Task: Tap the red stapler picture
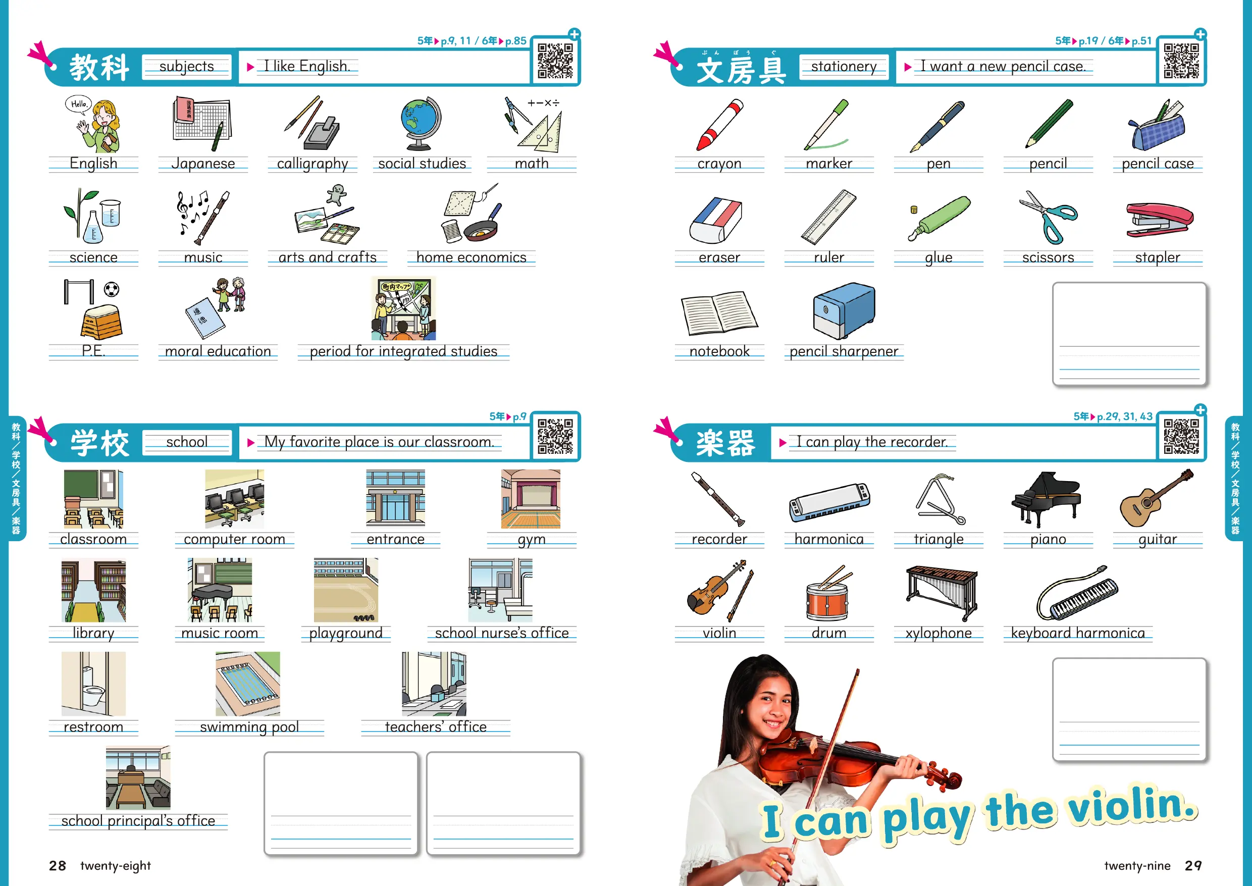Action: coord(1159,220)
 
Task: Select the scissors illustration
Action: coord(1048,217)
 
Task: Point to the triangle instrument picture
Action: coord(940,500)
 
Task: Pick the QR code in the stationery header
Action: coord(1181,61)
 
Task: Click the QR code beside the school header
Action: coord(555,437)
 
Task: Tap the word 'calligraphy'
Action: coord(312,164)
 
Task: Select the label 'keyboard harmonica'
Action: coord(1078,633)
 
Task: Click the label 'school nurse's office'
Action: coord(502,633)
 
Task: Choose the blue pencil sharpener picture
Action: coord(844,310)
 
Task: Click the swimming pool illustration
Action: coord(248,684)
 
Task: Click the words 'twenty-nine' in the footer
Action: coord(1137,866)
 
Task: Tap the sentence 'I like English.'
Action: coord(306,66)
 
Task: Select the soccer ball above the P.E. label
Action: coord(111,289)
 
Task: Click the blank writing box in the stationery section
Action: coord(1129,334)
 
